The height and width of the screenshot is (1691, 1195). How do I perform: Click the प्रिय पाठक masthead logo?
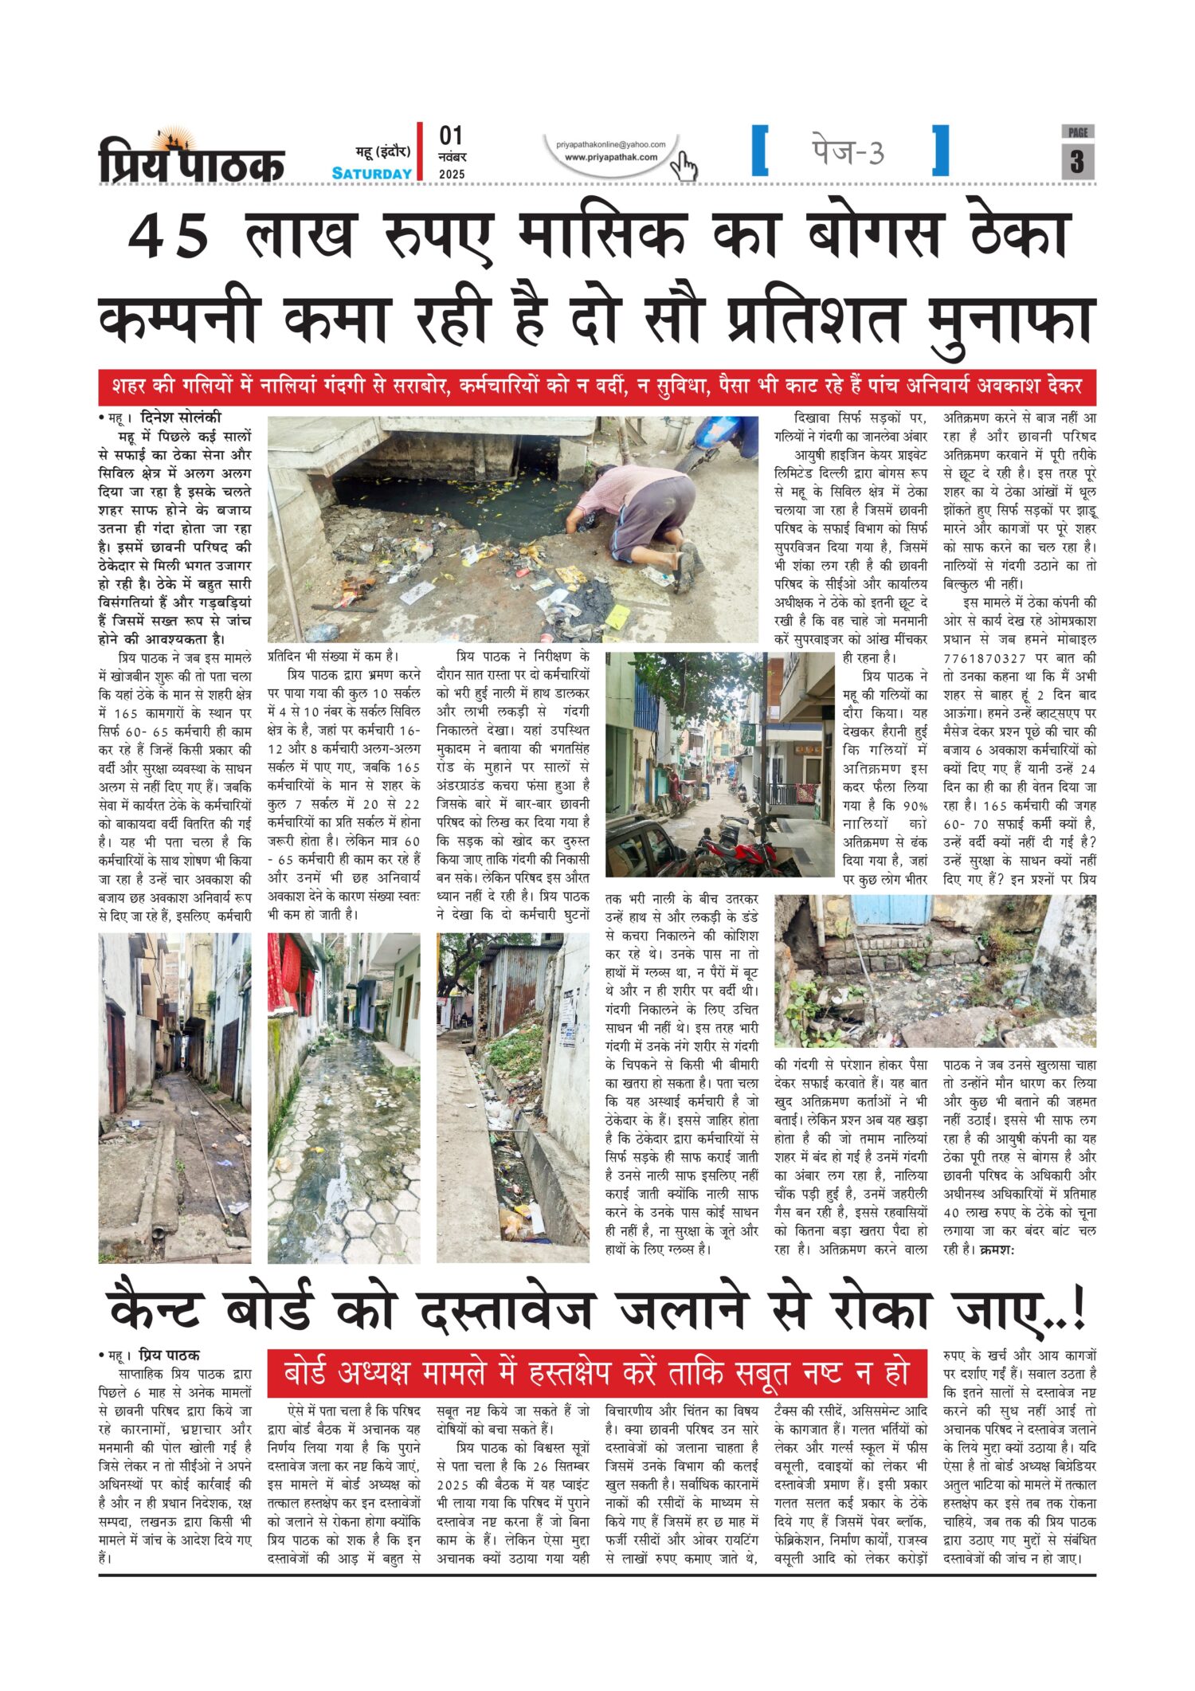[191, 158]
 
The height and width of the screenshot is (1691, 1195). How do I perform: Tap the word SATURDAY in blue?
[371, 174]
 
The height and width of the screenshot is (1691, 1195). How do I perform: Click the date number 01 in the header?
[451, 136]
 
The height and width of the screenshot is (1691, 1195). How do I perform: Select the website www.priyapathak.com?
[611, 158]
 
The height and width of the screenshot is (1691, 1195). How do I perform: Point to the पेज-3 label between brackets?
[848, 151]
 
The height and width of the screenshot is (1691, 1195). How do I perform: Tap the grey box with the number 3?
[1077, 162]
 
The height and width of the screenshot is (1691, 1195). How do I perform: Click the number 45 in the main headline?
[169, 237]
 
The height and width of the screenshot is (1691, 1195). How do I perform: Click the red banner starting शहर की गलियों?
[597, 386]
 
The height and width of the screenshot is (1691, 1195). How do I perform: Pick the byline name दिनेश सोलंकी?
[181, 418]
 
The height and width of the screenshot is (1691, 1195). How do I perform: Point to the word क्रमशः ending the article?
[996, 1250]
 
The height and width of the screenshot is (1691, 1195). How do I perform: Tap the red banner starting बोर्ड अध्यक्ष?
[597, 1373]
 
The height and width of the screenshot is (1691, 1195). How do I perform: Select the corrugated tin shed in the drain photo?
[518, 988]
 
